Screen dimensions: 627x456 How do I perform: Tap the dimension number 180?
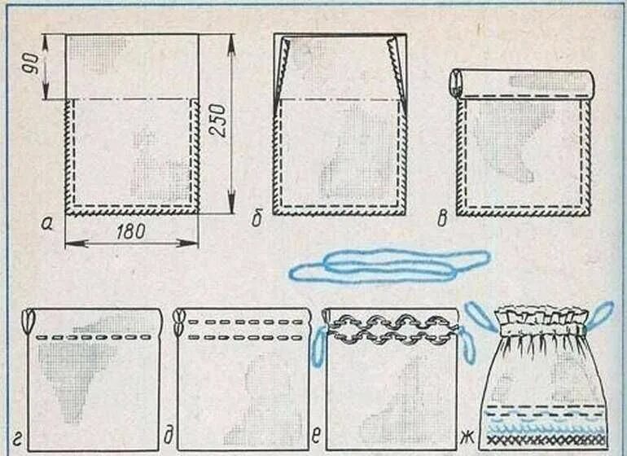click(130, 231)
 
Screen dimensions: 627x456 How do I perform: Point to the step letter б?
click(256, 220)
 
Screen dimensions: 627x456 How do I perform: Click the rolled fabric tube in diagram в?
click(521, 81)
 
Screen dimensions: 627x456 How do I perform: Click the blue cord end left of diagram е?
click(318, 348)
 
